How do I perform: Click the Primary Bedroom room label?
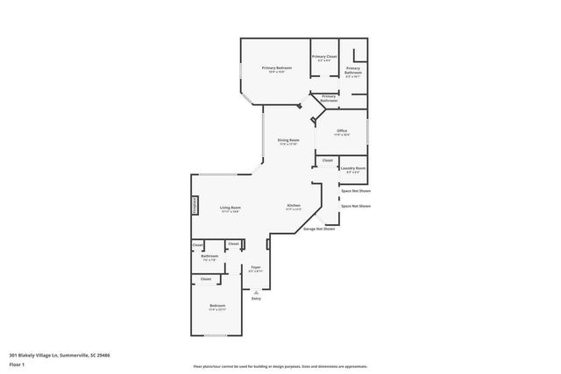pos(275,67)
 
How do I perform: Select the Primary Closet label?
pos(324,57)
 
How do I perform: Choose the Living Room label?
pos(231,208)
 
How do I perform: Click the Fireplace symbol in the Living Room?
pos(195,205)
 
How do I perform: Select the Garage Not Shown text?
pos(319,229)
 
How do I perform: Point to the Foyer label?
pos(256,267)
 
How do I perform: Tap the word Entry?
pos(257,299)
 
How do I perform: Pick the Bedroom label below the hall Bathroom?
pos(217,306)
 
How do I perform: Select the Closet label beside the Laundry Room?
pos(327,160)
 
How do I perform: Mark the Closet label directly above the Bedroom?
pos(205,279)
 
